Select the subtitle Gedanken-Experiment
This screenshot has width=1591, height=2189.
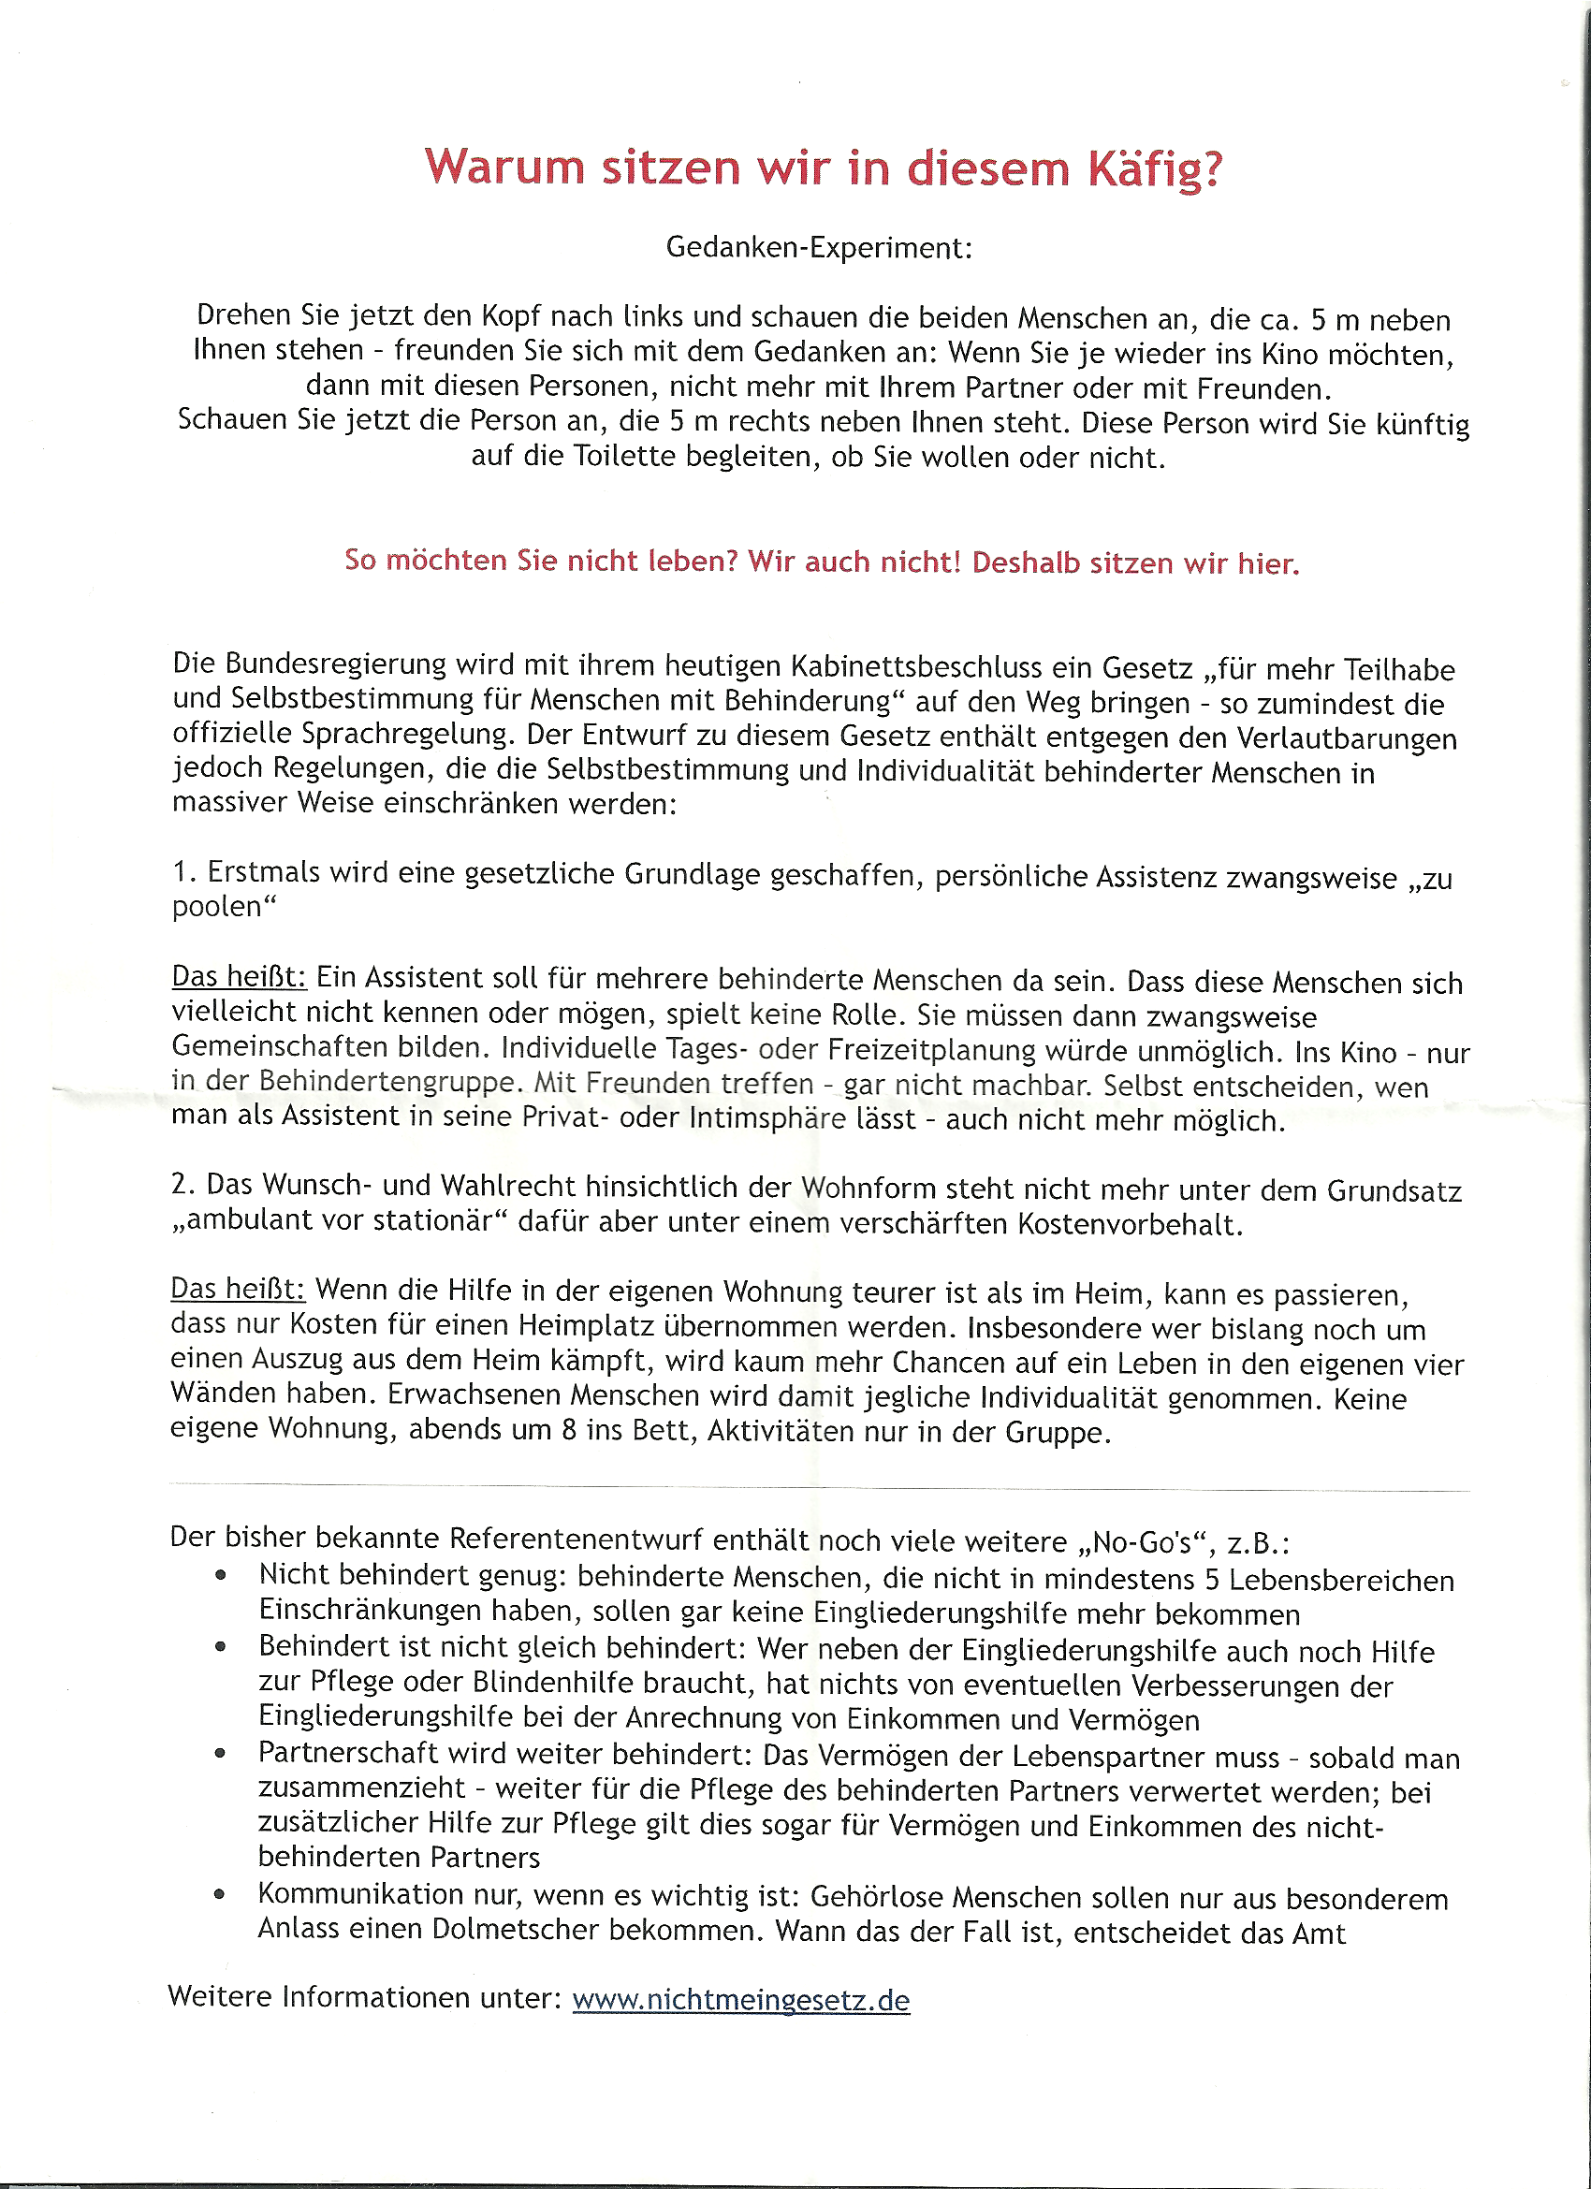819,248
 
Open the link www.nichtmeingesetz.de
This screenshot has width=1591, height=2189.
740,2000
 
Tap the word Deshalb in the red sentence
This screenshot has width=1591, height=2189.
1026,562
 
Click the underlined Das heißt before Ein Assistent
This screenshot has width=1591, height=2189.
239,977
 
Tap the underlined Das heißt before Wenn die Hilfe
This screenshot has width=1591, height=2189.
238,1290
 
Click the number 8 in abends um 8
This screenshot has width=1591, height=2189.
570,1429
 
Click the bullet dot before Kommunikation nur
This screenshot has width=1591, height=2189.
220,1894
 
